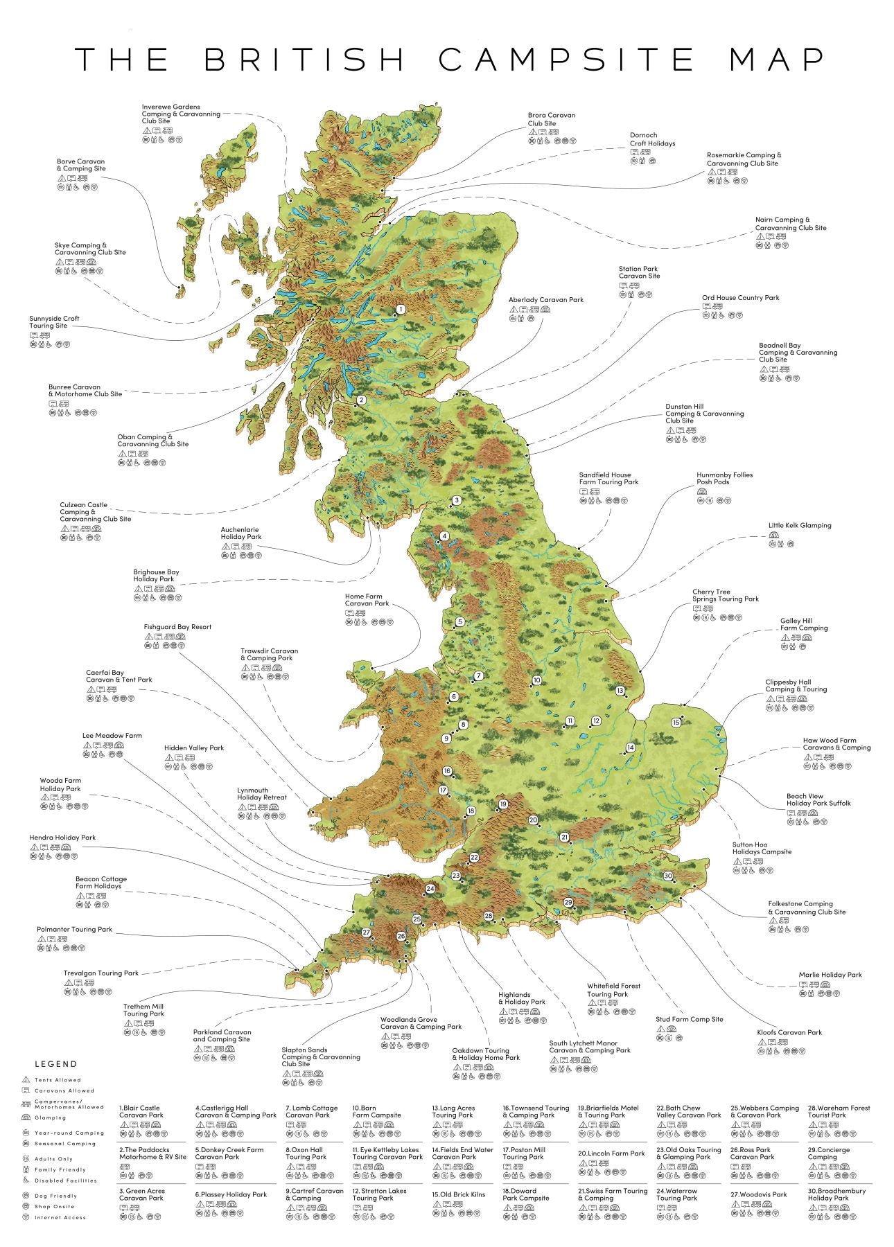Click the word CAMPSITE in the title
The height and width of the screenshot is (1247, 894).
click(x=566, y=60)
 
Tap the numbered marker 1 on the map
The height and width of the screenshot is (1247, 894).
click(x=400, y=309)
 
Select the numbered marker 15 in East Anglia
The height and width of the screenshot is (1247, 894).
click(x=676, y=723)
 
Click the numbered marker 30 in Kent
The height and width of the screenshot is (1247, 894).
click(x=667, y=876)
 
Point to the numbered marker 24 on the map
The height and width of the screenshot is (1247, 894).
click(x=430, y=889)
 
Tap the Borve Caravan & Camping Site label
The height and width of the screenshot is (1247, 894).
click(x=81, y=165)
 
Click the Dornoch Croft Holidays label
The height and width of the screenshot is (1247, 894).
click(x=651, y=139)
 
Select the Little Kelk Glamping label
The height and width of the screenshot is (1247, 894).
click(x=799, y=525)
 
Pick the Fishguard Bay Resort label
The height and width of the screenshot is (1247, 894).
click(x=177, y=627)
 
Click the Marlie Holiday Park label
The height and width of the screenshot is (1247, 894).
click(x=830, y=975)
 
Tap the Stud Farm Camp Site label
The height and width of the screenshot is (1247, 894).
click(x=689, y=1019)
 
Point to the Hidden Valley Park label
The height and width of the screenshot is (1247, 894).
click(x=194, y=748)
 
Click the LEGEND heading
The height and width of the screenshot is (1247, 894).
click(x=56, y=1064)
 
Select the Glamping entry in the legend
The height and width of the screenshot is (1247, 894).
click(x=51, y=1117)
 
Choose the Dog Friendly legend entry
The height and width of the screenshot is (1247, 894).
click(x=55, y=1196)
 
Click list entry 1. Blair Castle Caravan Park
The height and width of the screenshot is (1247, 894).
click(x=141, y=1111)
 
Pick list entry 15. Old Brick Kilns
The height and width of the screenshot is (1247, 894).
click(x=458, y=1194)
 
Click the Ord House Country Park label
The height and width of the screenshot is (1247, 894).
click(x=740, y=298)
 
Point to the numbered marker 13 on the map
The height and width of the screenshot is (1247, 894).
click(x=620, y=690)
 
